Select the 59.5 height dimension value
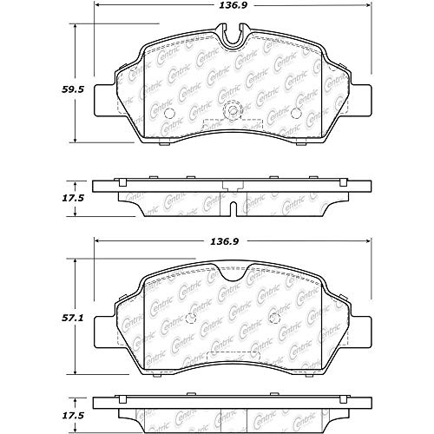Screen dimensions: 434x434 tap(73, 89)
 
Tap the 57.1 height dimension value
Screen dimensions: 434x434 tap(73, 319)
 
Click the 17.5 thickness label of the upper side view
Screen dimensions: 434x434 tap(73, 199)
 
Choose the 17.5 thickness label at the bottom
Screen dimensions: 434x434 tap(73, 416)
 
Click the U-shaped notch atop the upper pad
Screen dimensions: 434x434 tap(234, 34)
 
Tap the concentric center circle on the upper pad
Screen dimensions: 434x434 tap(233, 110)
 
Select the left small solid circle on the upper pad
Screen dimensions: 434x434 tap(168, 113)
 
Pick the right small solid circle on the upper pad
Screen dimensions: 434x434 tap(296, 113)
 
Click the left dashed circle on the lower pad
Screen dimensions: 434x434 tap(191, 319)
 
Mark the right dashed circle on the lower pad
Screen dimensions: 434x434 tap(274, 319)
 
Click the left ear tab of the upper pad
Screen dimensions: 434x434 tap(105, 101)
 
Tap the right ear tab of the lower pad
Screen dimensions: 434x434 tap(361, 332)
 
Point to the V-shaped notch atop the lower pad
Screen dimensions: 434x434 tap(233, 273)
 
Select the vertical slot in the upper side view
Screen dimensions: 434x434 tap(233, 208)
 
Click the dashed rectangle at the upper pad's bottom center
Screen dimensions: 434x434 tap(233, 124)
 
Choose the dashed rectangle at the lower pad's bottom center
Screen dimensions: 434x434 tap(233, 357)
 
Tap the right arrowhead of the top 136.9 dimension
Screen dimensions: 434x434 tap(369, 5)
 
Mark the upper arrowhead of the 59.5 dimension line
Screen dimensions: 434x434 tap(76, 27)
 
